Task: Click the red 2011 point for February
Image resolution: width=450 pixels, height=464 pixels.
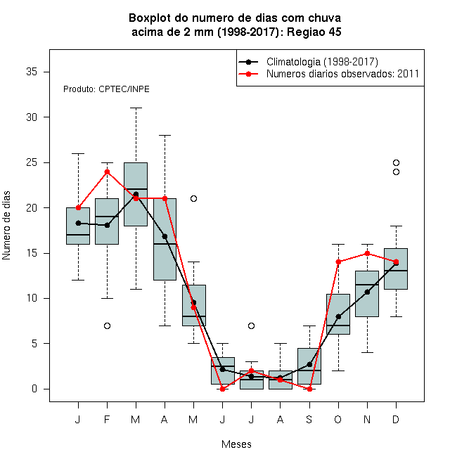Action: click(x=107, y=172)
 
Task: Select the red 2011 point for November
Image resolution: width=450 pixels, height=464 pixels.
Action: click(x=367, y=253)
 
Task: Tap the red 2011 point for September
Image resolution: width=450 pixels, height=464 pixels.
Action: click(x=309, y=389)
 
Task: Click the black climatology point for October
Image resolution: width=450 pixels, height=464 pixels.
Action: click(x=338, y=316)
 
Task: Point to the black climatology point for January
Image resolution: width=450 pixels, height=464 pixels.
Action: click(x=79, y=223)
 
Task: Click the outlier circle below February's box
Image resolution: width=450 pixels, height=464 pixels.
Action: click(x=107, y=326)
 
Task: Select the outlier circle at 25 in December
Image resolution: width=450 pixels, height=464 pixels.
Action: click(x=396, y=163)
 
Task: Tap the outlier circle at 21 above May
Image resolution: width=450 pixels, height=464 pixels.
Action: click(x=193, y=198)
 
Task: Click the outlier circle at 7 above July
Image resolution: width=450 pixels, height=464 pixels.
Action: click(x=251, y=326)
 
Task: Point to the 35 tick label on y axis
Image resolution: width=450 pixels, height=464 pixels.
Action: click(x=32, y=72)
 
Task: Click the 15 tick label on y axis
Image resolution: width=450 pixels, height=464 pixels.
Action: click(x=32, y=253)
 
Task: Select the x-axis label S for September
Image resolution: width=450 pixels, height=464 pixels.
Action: click(x=309, y=419)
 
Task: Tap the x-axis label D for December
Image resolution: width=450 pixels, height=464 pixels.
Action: click(x=396, y=419)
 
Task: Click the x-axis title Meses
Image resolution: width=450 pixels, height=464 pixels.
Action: click(x=236, y=444)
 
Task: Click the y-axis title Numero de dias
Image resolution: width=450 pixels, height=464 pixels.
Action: click(x=6, y=226)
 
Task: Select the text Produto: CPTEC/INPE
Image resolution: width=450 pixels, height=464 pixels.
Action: click(x=106, y=89)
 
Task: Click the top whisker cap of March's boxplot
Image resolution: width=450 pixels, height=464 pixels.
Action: click(x=136, y=108)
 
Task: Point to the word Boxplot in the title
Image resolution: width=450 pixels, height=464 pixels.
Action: click(x=150, y=18)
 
